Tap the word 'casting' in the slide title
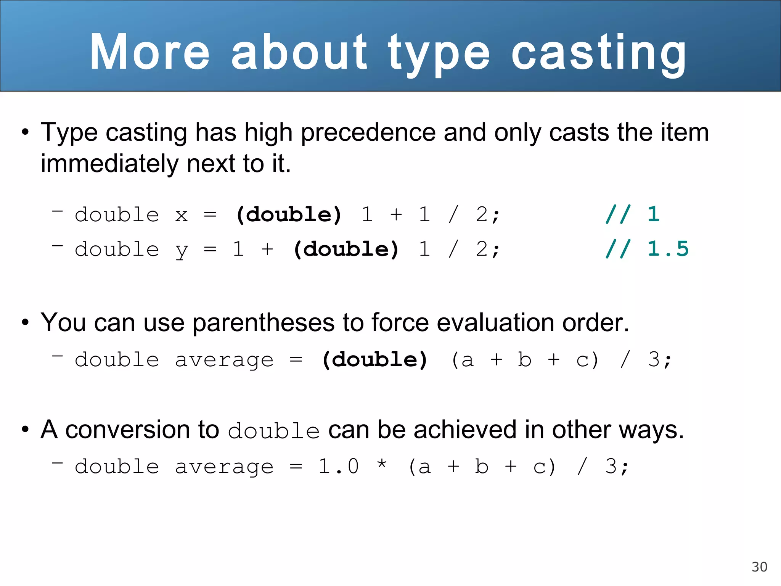coord(599,53)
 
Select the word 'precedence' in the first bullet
coord(368,132)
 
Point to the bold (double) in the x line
coord(289,214)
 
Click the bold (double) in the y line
coord(346,249)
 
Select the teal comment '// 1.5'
coord(647,249)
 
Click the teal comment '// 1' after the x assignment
coord(632,214)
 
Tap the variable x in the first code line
coord(182,215)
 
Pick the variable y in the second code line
coord(182,251)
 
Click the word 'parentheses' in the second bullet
coord(264,323)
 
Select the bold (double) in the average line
coord(374,360)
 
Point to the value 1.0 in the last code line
coord(339,466)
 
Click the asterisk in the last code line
coord(381,465)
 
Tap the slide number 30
coord(759,567)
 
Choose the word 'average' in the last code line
coord(224,467)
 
